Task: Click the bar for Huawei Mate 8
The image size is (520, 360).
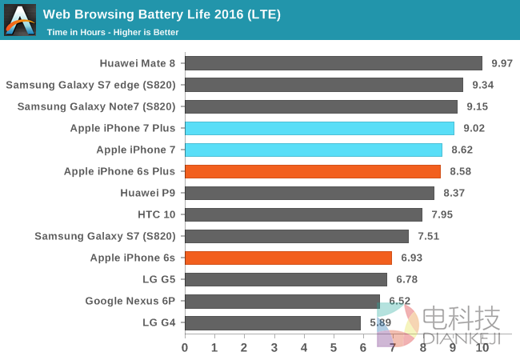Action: click(x=334, y=63)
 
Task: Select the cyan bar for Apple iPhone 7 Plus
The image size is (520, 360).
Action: click(x=319, y=128)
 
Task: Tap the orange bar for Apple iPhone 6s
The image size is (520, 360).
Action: click(x=288, y=258)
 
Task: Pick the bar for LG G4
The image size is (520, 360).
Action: click(x=273, y=322)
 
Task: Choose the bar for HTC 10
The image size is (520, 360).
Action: click(x=303, y=214)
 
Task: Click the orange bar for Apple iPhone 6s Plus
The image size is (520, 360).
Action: click(x=313, y=171)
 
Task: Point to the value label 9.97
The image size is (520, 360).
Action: click(x=502, y=63)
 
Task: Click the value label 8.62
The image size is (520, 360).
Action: click(x=462, y=150)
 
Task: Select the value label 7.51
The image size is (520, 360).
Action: click(x=429, y=236)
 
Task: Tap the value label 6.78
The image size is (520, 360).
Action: click(x=406, y=279)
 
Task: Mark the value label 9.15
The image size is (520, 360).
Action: click(x=477, y=106)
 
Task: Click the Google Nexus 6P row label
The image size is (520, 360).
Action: click(x=131, y=301)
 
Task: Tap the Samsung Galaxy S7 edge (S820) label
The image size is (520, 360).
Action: click(x=91, y=85)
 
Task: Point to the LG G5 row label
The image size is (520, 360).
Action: click(x=158, y=279)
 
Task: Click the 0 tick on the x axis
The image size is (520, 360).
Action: click(x=185, y=347)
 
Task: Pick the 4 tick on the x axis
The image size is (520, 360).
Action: click(x=304, y=347)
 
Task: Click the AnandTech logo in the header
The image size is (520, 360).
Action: click(x=20, y=20)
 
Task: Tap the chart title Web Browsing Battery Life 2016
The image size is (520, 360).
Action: click(x=161, y=14)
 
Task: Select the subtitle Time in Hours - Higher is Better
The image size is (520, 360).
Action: click(x=113, y=32)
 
